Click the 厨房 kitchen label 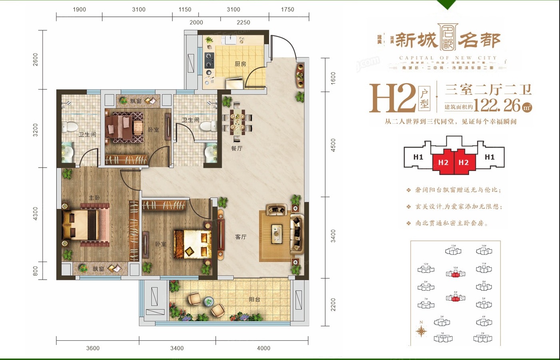click(240, 64)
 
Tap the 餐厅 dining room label click(237, 148)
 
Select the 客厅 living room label click(241, 237)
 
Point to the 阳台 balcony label click(254, 299)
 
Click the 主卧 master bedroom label click(94, 198)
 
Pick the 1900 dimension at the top click(79, 9)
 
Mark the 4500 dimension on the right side click(333, 145)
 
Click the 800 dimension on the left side click(35, 271)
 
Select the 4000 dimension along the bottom click(263, 348)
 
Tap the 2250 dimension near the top click(243, 22)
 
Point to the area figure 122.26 click(497, 106)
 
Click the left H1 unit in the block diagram click(418, 157)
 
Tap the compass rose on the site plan click(421, 331)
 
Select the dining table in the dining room click(237, 122)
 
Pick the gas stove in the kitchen click(209, 60)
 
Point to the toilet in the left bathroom click(71, 126)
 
